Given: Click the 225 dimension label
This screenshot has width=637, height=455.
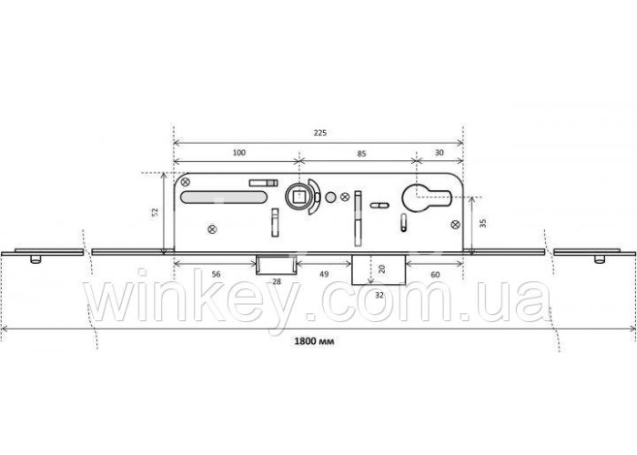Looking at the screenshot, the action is (320, 133).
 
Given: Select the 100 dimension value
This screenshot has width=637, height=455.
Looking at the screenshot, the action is (238, 152).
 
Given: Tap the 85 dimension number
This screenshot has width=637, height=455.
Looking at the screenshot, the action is (361, 154).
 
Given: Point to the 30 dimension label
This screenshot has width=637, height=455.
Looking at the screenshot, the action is (440, 152).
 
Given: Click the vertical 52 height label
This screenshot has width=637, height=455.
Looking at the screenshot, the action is (155, 212).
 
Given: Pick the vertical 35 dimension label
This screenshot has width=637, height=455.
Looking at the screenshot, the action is (483, 223).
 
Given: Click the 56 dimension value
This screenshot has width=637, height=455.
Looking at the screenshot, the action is (217, 274).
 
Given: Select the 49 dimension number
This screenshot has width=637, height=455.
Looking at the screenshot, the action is (324, 274).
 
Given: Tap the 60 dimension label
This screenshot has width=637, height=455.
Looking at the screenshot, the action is (435, 275).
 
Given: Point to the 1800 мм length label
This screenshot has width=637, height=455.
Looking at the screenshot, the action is (315, 341).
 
